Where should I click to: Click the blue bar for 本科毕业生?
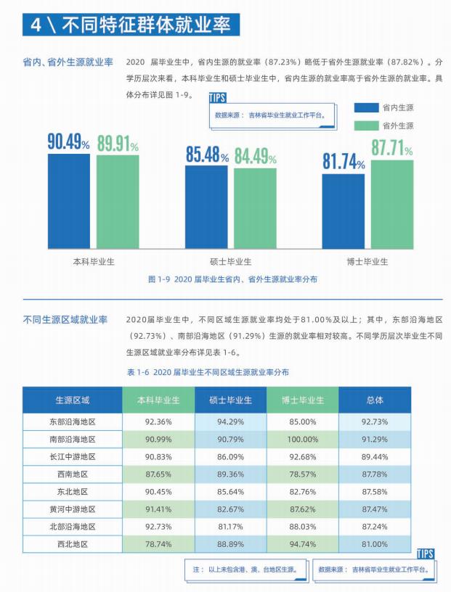click(x=69, y=202)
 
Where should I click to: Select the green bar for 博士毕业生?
click(x=391, y=205)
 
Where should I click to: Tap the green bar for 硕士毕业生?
click(x=255, y=208)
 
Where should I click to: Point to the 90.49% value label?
click(x=69, y=142)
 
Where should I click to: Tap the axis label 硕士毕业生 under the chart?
click(x=230, y=261)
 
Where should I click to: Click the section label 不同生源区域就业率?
click(x=65, y=319)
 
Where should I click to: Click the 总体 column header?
click(x=375, y=400)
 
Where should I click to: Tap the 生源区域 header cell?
click(x=73, y=400)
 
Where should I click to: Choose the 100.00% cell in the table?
click(x=303, y=439)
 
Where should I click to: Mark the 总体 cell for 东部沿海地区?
click(x=375, y=422)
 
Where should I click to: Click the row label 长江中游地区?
click(x=73, y=456)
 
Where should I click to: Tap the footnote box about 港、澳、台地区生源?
click(x=245, y=570)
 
